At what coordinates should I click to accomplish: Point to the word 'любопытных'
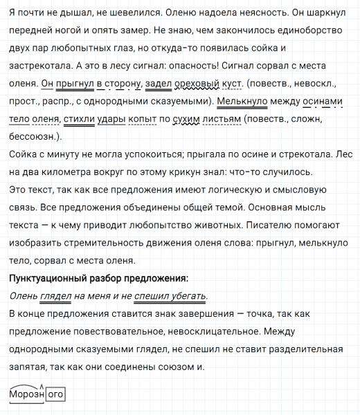(x=89, y=49)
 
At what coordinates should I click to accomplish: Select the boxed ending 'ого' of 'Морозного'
(x=55, y=395)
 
